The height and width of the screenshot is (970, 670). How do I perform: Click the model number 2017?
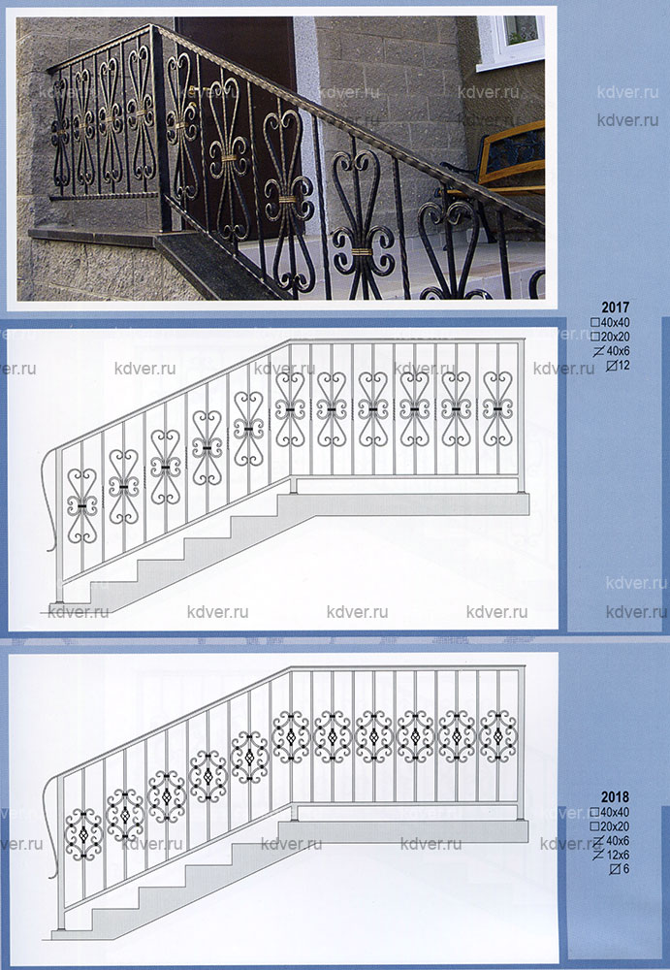(x=615, y=307)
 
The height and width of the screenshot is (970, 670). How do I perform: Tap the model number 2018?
(x=615, y=796)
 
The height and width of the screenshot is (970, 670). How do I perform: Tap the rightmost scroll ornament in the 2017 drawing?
(x=497, y=409)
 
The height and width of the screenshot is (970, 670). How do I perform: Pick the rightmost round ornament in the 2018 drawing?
(x=497, y=736)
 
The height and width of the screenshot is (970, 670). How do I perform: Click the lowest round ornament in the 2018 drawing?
(x=83, y=834)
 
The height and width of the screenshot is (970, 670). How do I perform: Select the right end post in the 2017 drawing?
(x=521, y=407)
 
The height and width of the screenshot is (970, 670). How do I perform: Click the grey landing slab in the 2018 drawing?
(x=403, y=831)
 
